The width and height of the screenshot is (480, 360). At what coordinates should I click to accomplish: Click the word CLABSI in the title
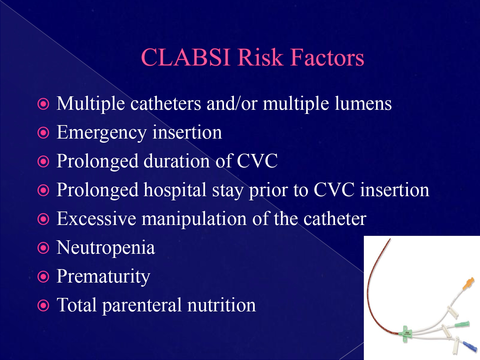click(186, 58)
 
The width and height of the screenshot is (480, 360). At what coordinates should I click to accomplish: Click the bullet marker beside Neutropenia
click(44, 248)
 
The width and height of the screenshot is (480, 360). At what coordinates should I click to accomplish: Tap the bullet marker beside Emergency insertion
click(44, 133)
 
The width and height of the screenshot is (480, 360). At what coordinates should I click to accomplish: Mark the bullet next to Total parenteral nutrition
click(44, 306)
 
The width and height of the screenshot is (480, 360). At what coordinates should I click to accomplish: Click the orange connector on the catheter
click(468, 284)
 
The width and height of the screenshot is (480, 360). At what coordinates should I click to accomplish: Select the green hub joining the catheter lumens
click(406, 334)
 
